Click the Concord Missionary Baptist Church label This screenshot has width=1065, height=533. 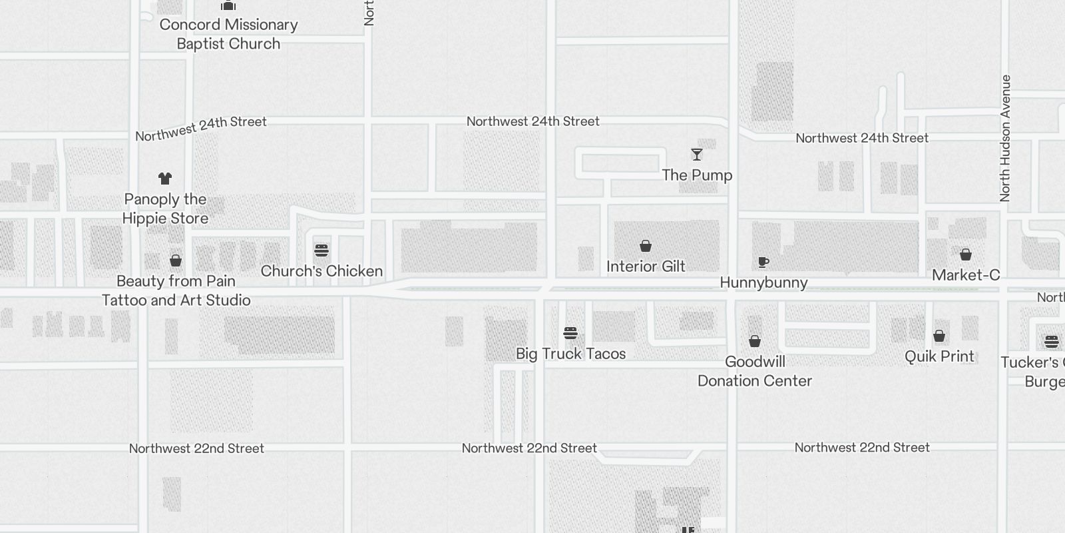pyautogui.click(x=228, y=34)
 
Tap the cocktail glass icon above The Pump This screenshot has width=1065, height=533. pyautogui.click(x=697, y=155)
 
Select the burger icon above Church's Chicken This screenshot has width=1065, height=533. pyautogui.click(x=321, y=251)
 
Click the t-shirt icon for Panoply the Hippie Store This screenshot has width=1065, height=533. pyautogui.click(x=165, y=179)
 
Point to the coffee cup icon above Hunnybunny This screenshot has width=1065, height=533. pyautogui.click(x=763, y=262)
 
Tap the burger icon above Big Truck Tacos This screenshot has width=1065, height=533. pyautogui.click(x=570, y=333)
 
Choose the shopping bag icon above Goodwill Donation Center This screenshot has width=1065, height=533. pyautogui.click(x=755, y=341)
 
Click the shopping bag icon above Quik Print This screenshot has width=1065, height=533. pyautogui.click(x=939, y=336)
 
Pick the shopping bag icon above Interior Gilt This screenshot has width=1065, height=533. pyautogui.click(x=646, y=246)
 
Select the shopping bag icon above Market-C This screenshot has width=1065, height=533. pyautogui.click(x=966, y=255)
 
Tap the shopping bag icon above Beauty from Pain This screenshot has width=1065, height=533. pyautogui.click(x=176, y=261)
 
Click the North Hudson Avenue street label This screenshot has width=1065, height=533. pyautogui.click(x=1005, y=138)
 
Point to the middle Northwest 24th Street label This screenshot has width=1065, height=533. pyautogui.click(x=532, y=121)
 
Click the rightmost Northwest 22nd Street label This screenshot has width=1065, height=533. pyautogui.click(x=862, y=448)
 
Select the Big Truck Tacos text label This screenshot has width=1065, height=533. pyautogui.click(x=571, y=354)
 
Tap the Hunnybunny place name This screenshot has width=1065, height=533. pyautogui.click(x=763, y=282)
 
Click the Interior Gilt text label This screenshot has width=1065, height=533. pyautogui.click(x=646, y=266)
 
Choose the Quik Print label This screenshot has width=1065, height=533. pyautogui.click(x=939, y=356)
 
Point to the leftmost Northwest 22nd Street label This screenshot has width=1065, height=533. pyautogui.click(x=196, y=448)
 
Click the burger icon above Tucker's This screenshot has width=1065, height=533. pyautogui.click(x=1052, y=342)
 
